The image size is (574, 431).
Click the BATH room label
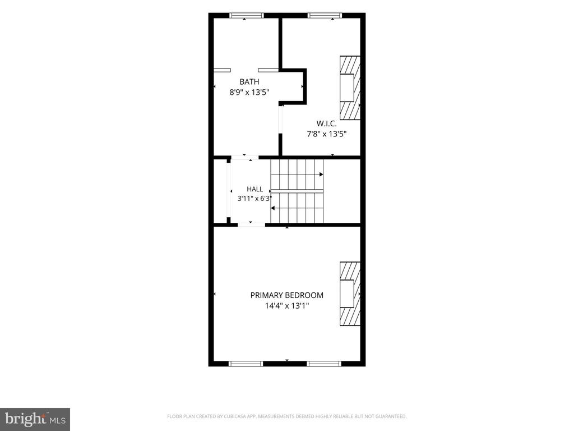pos(249,81)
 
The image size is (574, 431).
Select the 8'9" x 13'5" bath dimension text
pos(249,92)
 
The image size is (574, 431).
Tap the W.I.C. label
pos(327,123)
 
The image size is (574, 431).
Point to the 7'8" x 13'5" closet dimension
pos(327,134)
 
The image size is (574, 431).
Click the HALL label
pos(255,189)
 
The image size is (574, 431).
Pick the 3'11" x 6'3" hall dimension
pos(255,199)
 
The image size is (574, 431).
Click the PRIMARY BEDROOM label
pos(287,295)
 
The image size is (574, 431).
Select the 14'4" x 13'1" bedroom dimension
pos(287,306)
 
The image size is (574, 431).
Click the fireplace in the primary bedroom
pos(350,294)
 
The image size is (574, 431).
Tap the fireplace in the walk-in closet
pos(350,88)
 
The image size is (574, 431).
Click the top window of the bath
pos(247,15)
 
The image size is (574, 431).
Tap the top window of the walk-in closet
pos(325,15)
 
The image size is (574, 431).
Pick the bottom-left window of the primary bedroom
pos(246,364)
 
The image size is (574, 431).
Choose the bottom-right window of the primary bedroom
pos(324,364)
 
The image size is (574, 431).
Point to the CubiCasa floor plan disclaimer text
pos(287,416)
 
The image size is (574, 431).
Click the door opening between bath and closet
pos(280,120)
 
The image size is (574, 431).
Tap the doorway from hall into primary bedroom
pos(252,224)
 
